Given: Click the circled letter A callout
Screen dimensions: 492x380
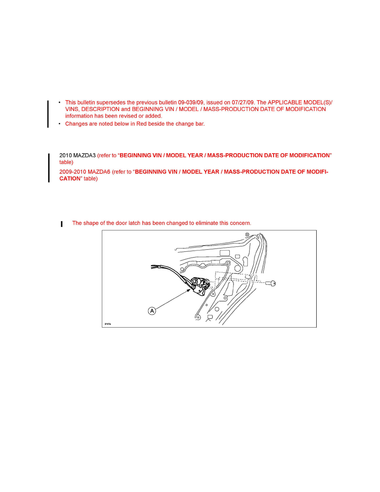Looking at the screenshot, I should coord(152,311).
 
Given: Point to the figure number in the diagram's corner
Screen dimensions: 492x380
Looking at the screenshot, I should coord(107,324).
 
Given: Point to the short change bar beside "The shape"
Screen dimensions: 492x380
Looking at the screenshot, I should coord(62,224).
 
